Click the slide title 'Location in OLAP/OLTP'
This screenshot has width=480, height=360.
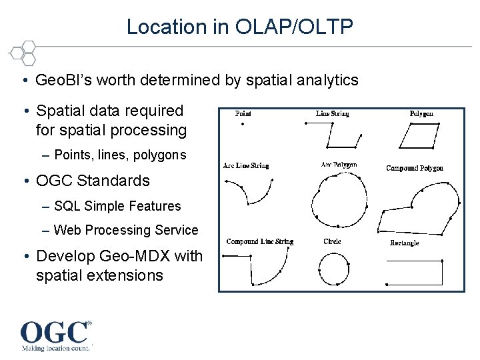[x=240, y=27]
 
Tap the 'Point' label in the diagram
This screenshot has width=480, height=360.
[x=243, y=114]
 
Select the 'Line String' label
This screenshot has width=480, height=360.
[x=332, y=114]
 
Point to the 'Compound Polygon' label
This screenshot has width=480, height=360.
[x=415, y=168]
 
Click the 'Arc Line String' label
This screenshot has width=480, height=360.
[x=246, y=165]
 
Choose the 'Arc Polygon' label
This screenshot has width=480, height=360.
[x=339, y=165]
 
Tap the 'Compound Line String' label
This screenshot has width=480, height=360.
[x=259, y=241]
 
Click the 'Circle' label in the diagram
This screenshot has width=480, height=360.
[x=332, y=241]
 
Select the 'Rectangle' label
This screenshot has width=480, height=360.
[x=404, y=243]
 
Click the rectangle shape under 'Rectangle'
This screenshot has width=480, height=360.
[x=415, y=272]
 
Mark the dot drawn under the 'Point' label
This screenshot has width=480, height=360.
[x=242, y=124]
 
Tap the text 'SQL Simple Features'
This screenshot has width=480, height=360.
[x=118, y=206]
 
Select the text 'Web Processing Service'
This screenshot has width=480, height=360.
[x=126, y=230]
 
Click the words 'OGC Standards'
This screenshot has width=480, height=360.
[x=93, y=181]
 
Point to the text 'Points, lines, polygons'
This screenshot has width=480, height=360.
[x=120, y=155]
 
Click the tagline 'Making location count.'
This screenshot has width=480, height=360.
[x=55, y=348]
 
